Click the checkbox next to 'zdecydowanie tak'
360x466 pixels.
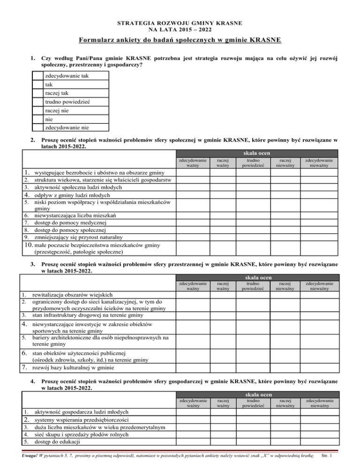(38, 75)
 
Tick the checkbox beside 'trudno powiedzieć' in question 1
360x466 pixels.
(38, 101)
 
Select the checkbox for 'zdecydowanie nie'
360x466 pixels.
(38, 127)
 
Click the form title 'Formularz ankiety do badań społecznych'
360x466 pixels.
(180, 40)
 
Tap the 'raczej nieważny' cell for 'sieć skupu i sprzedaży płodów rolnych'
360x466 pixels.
(285, 434)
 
